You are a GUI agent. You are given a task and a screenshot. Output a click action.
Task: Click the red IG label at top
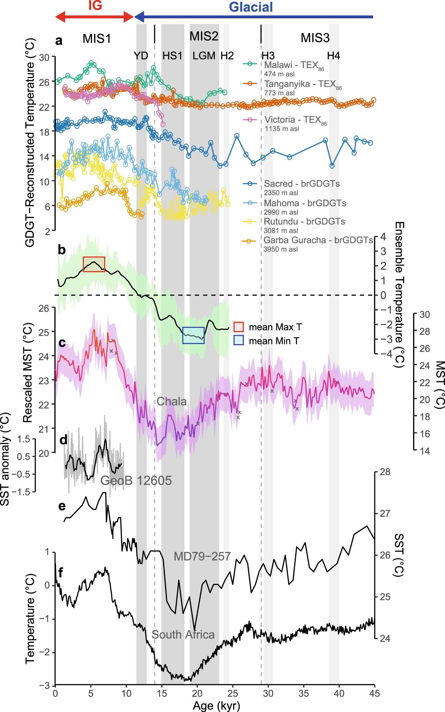(95, 5)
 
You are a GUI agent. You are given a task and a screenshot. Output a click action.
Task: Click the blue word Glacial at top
(250, 7)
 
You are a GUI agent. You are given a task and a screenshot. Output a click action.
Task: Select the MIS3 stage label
(315, 38)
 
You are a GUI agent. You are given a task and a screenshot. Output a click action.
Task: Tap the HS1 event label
(172, 56)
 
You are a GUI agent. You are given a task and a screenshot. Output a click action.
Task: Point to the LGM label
(204, 56)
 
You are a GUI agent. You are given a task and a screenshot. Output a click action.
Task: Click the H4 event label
(333, 56)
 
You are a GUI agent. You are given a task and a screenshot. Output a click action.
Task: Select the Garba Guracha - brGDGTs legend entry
(318, 240)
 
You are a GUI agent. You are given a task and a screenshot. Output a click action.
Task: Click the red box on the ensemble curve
(94, 264)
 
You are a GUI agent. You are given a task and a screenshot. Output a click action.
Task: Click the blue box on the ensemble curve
(193, 335)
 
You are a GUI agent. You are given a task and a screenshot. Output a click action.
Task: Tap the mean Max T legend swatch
(239, 327)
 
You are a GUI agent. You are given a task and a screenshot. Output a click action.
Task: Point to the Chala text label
(171, 402)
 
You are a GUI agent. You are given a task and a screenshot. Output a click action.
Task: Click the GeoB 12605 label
(136, 480)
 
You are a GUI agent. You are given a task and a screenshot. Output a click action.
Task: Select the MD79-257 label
(202, 556)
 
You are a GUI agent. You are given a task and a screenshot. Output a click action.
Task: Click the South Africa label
(183, 634)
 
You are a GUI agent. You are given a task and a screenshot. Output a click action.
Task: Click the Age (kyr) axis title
(216, 705)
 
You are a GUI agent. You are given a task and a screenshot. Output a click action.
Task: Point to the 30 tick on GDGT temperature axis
(44, 58)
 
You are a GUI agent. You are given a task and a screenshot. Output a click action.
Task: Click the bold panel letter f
(60, 572)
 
